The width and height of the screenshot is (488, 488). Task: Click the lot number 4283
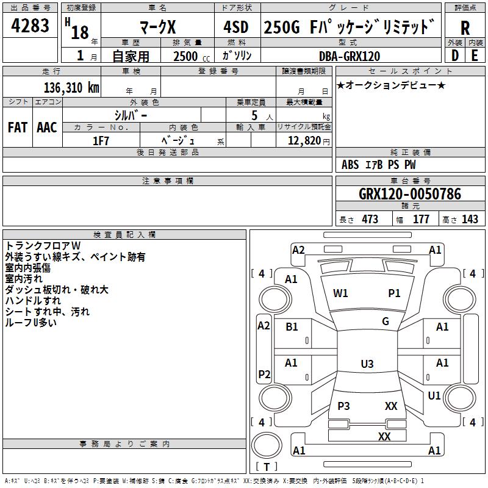click(30, 26)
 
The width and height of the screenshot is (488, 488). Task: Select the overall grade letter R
click(465, 28)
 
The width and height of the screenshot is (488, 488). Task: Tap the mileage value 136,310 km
click(71, 88)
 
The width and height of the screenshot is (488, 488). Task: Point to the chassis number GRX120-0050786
click(410, 194)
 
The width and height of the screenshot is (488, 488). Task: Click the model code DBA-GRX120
click(350, 56)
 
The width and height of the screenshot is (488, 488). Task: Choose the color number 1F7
click(101, 141)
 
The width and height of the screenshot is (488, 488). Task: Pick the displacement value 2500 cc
click(192, 56)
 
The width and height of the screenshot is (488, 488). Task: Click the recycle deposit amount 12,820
click(304, 141)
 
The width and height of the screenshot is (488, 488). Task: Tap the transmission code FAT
click(18, 127)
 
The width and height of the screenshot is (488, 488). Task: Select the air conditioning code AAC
click(47, 127)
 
